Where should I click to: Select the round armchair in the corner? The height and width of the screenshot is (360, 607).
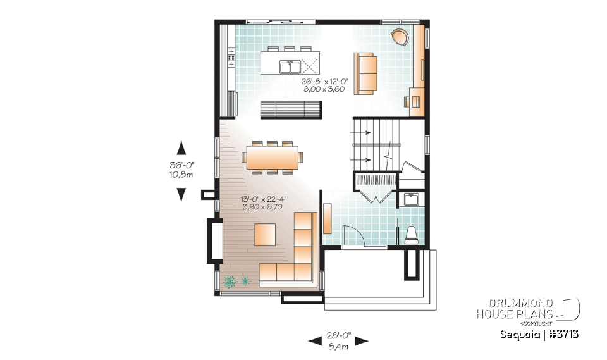point(400,37)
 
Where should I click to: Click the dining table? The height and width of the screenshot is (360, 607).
point(273,158)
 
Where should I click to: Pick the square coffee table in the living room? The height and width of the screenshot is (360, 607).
point(266,234)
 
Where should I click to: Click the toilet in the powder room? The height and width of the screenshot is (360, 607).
point(410,235)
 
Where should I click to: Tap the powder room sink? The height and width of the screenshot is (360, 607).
point(412,199)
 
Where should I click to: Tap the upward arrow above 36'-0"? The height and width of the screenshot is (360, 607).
point(181,148)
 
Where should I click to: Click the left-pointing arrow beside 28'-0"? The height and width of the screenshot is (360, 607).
point(314,341)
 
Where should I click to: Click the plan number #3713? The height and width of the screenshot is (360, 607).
point(566,334)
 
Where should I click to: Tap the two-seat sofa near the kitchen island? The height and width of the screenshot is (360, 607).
point(365,73)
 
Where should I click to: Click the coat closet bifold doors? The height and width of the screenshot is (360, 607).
point(376,194)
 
